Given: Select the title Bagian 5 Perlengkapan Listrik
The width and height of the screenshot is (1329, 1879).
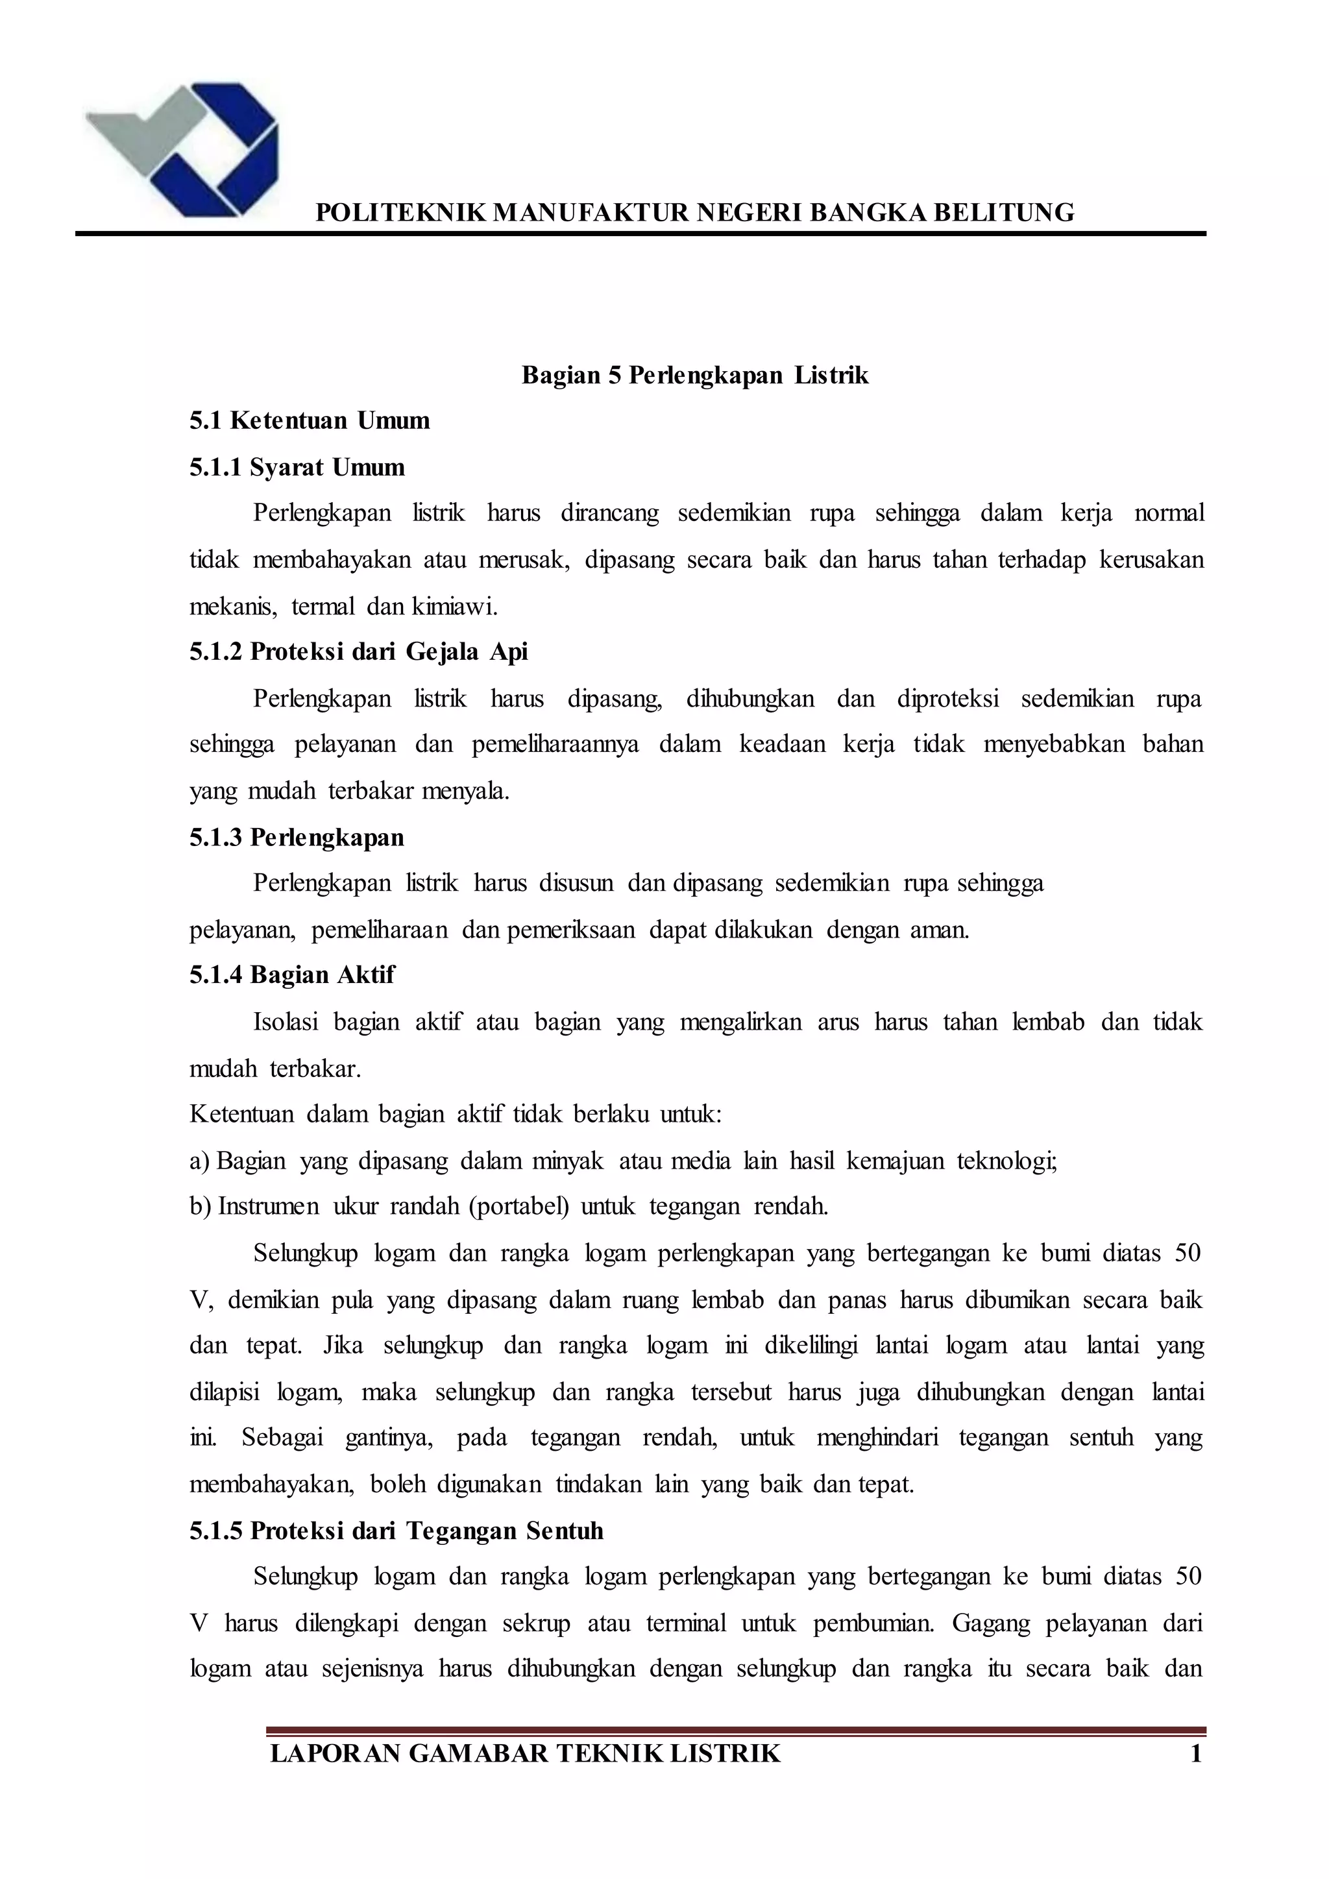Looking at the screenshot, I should click(x=695, y=376).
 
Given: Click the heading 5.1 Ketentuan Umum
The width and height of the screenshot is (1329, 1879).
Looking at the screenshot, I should click(x=310, y=420).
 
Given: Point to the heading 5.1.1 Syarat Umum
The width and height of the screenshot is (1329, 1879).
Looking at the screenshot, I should click(x=297, y=467).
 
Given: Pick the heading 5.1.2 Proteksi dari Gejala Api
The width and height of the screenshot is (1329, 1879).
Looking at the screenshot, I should click(x=358, y=651).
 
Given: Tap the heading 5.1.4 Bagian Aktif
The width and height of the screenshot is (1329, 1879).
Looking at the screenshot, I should click(x=292, y=975).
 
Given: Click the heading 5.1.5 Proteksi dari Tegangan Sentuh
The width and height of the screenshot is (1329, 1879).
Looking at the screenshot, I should click(x=396, y=1531).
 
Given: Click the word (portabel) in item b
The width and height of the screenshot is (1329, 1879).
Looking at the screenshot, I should click(x=519, y=1207).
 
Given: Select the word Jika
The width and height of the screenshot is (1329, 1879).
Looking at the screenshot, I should click(x=343, y=1346).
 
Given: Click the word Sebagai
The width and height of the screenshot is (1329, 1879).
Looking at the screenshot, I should click(x=282, y=1438).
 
